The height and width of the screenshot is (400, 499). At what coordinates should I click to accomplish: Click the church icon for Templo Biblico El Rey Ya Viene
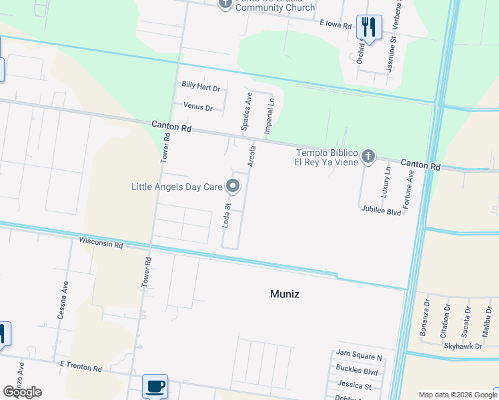[367, 157]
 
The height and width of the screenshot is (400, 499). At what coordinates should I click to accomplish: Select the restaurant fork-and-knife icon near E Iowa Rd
[368, 27]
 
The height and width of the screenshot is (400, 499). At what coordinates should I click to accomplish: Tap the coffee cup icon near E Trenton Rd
[155, 385]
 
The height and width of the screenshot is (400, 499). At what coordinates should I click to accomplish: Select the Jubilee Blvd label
[381, 212]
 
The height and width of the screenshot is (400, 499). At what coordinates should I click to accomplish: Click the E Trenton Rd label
[80, 367]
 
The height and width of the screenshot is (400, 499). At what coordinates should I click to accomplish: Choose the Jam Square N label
[359, 358]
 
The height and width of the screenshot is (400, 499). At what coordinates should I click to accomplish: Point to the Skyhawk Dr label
[463, 347]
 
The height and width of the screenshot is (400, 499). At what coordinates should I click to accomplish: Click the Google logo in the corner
[22, 391]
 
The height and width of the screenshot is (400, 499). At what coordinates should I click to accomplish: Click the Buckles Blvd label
[357, 372]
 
